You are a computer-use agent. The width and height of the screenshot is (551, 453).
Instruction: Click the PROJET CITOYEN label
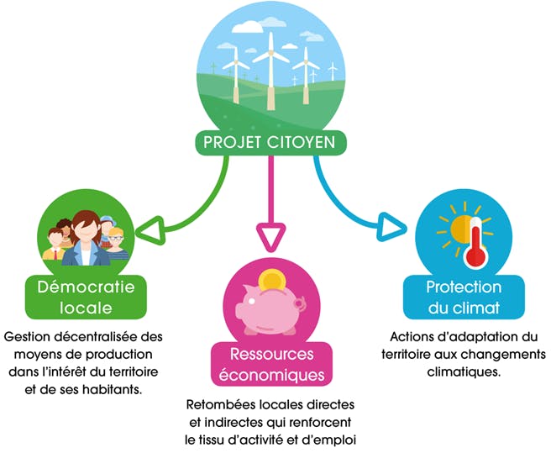[x=269, y=142]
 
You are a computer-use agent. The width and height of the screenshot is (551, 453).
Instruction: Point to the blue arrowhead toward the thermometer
[x=390, y=227]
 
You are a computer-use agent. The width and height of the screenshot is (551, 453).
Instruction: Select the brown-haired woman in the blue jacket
[x=86, y=239]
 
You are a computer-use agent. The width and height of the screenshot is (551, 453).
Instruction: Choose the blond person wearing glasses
[x=117, y=244]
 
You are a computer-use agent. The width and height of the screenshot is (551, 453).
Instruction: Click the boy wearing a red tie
[x=55, y=244]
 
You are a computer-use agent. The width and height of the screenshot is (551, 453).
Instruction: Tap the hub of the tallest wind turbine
[x=270, y=53]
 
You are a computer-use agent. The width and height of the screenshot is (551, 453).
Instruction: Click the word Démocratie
[x=86, y=287]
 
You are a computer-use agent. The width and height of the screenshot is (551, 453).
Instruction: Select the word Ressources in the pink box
[x=271, y=354]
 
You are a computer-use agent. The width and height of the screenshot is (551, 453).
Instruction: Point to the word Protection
[x=464, y=287]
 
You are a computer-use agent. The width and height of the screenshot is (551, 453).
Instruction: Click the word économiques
[x=271, y=375]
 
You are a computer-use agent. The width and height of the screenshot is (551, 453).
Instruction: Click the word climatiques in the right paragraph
[x=464, y=371]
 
